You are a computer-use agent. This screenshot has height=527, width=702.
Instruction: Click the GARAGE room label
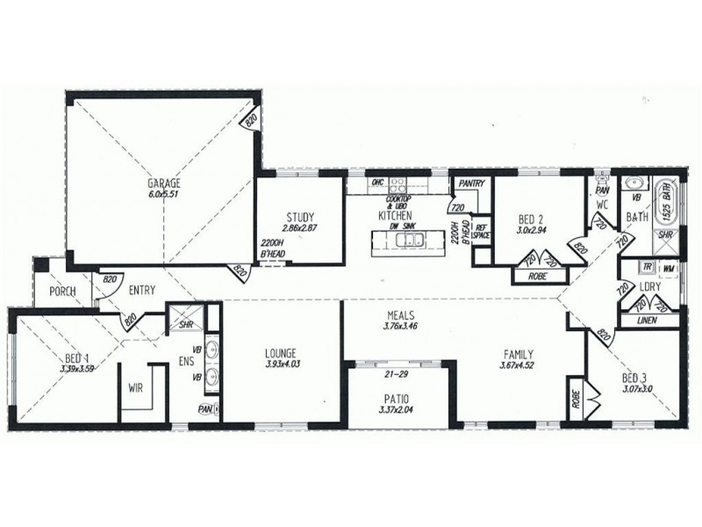click(164, 184)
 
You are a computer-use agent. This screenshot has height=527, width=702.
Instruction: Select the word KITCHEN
click(396, 215)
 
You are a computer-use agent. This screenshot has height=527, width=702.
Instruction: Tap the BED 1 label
click(77, 358)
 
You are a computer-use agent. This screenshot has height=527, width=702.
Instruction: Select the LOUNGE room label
click(281, 354)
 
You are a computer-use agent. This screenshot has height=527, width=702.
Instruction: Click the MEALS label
click(399, 315)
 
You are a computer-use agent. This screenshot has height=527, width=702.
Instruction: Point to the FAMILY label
click(517, 354)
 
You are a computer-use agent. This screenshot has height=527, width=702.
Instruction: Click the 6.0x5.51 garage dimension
click(164, 194)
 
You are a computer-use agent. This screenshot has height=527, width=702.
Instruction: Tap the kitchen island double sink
click(409, 241)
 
